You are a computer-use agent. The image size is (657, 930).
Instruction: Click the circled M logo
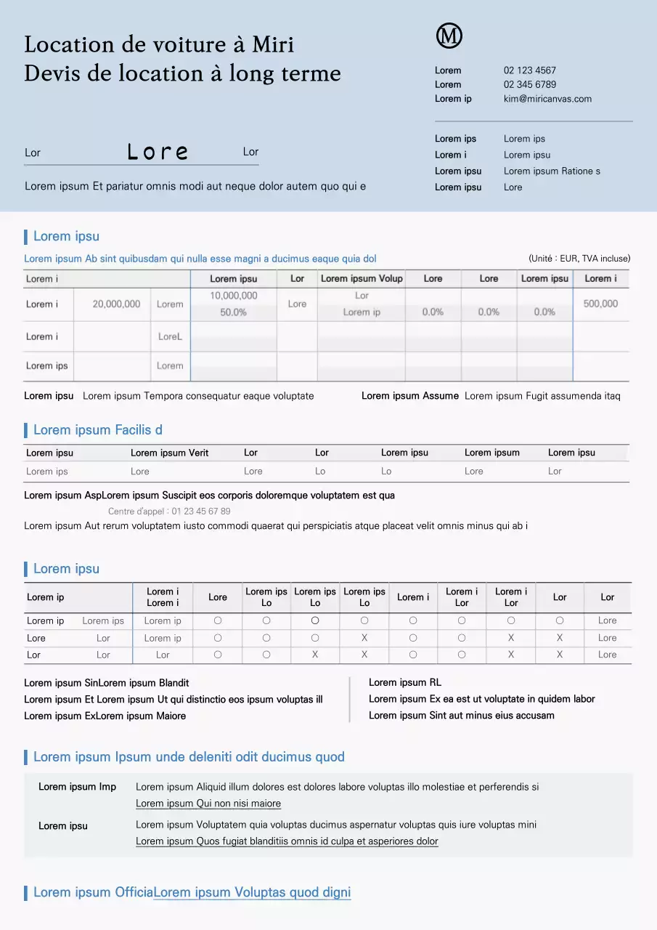click(449, 36)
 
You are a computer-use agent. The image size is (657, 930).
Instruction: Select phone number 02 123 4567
click(530, 70)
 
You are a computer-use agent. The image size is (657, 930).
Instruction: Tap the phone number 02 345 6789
click(530, 84)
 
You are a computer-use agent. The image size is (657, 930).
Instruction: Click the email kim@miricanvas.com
click(547, 99)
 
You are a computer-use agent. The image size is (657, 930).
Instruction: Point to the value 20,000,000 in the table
click(116, 304)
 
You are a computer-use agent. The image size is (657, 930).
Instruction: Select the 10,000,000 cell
click(234, 296)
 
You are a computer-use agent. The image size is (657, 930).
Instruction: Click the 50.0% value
click(234, 312)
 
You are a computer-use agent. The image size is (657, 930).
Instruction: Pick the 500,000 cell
click(600, 304)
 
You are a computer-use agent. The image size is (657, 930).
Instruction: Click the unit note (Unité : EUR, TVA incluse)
click(579, 259)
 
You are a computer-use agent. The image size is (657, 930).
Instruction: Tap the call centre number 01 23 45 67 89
click(201, 511)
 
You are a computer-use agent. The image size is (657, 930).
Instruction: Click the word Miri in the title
click(273, 44)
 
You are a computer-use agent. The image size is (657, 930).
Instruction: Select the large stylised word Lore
click(158, 152)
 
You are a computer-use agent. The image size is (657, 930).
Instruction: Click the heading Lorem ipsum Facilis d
click(98, 430)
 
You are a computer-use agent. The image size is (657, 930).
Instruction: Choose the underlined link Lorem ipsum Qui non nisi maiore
click(208, 804)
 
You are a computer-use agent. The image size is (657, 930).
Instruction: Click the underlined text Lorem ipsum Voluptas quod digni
click(252, 892)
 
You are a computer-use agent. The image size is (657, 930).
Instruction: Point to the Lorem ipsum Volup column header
click(362, 278)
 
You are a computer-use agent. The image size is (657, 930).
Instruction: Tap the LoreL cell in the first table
click(170, 336)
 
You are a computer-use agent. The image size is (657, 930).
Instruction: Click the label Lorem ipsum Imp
click(77, 787)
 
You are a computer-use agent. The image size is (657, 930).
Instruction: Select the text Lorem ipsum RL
click(405, 682)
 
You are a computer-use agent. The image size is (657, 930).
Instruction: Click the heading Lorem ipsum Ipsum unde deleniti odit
click(189, 757)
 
